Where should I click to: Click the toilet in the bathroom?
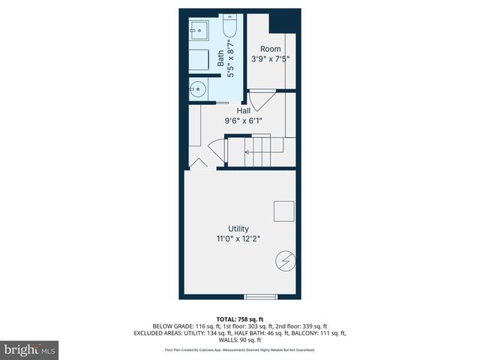point(229,28)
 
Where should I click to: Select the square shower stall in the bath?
point(199,32)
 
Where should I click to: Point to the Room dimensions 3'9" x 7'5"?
point(271,58)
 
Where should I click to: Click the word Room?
point(271,49)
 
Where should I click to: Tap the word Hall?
point(244,110)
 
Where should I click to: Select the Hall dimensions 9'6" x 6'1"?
point(244,120)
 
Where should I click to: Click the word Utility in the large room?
point(239,229)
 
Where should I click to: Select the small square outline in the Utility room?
point(284,211)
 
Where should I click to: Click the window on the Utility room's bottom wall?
point(261,296)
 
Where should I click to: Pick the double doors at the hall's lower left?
point(198,163)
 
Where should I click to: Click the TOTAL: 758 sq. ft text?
point(240,319)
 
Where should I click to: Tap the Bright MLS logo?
point(30,350)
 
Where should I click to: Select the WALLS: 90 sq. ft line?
point(240,340)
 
